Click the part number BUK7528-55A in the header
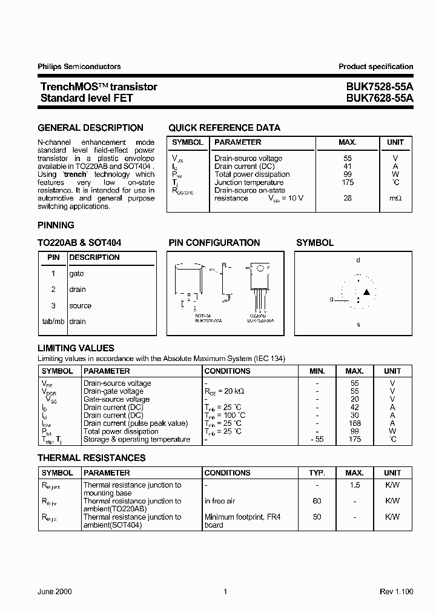tap(380, 87)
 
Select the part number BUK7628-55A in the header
tap(380, 98)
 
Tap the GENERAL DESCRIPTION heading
tap(91, 128)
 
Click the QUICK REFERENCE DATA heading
tap(224, 128)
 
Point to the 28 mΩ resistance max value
tap(348, 198)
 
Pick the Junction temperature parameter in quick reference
tap(249, 182)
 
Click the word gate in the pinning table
tap(76, 273)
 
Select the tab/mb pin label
tap(53, 321)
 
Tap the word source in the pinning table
tap(80, 305)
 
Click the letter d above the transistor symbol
tap(358, 260)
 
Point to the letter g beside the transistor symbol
tap(331, 299)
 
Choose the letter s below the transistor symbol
tap(358, 325)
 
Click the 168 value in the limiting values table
tap(354, 423)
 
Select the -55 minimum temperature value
tap(317, 439)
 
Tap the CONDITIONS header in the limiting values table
tap(227, 371)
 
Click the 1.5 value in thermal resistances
tap(354, 485)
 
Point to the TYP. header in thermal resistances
tap(317, 472)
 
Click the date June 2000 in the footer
tap(54, 591)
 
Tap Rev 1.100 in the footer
tap(396, 591)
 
